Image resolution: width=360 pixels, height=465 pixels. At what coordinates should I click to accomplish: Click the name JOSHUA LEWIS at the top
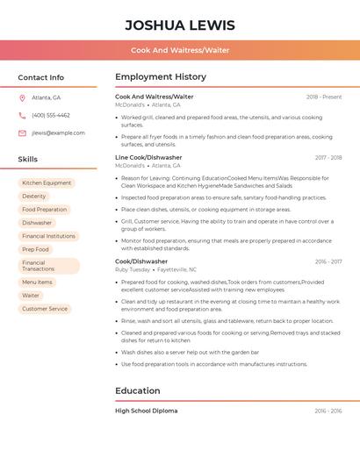(x=180, y=25)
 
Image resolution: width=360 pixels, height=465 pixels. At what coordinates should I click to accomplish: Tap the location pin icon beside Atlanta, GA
(x=22, y=97)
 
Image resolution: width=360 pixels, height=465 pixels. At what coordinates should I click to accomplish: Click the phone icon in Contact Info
(x=22, y=115)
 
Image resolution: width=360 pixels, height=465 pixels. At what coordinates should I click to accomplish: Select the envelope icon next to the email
(x=22, y=133)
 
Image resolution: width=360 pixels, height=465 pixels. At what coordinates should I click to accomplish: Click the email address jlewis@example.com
(x=58, y=133)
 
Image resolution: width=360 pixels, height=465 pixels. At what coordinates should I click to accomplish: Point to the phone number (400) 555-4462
(x=51, y=115)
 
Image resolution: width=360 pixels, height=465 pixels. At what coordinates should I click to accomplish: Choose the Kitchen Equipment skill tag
(x=47, y=183)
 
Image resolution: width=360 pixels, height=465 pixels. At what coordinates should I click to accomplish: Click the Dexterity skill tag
(x=34, y=197)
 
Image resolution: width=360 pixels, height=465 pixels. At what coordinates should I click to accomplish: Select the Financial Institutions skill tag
(x=48, y=236)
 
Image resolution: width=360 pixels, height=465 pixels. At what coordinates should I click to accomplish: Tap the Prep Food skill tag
(x=35, y=249)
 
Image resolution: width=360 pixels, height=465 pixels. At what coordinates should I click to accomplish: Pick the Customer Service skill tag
(x=45, y=309)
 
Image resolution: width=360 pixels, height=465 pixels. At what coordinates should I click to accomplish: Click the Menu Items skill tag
(x=37, y=283)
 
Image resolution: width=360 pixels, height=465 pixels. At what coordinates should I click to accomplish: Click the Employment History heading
(x=161, y=77)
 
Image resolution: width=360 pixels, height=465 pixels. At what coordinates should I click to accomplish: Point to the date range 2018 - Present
(x=324, y=97)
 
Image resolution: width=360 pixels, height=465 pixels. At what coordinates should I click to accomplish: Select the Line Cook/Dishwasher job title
(x=148, y=158)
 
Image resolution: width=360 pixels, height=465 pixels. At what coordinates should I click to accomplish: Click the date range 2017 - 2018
(x=328, y=158)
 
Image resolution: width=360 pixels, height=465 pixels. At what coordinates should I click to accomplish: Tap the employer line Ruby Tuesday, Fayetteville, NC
(x=155, y=269)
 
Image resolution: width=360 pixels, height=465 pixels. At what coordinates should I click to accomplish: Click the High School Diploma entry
(x=146, y=411)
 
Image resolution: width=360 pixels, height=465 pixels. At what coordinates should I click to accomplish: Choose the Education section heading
(x=137, y=391)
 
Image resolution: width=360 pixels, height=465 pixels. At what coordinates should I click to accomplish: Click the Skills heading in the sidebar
(x=28, y=160)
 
